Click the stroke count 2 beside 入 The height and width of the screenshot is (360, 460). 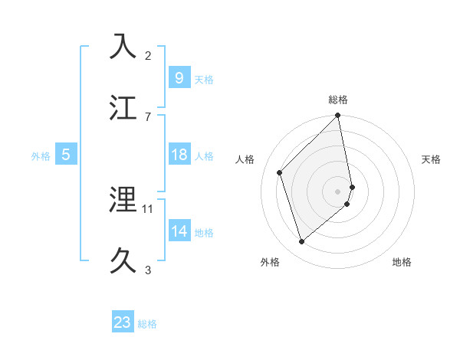click(148, 55)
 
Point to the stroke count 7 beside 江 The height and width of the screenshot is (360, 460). click(148, 116)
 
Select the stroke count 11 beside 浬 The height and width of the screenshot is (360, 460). click(148, 208)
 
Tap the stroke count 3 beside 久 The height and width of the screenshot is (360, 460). click(148, 270)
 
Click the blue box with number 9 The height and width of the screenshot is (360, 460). click(179, 77)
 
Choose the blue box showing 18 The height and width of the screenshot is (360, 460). click(179, 155)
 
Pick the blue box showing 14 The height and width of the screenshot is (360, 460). click(179, 231)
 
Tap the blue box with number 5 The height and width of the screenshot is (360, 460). click(66, 155)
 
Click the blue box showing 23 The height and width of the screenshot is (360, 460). click(123, 322)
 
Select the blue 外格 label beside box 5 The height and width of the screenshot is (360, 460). click(41, 156)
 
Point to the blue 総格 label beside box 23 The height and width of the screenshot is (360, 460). click(147, 324)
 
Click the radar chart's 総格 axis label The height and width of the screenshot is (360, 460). click(338, 100)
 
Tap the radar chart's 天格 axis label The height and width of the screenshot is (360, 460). click(432, 159)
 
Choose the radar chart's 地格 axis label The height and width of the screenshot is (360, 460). click(402, 263)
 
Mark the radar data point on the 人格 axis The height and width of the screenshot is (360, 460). click(280, 172)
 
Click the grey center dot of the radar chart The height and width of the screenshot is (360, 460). click(338, 191)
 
